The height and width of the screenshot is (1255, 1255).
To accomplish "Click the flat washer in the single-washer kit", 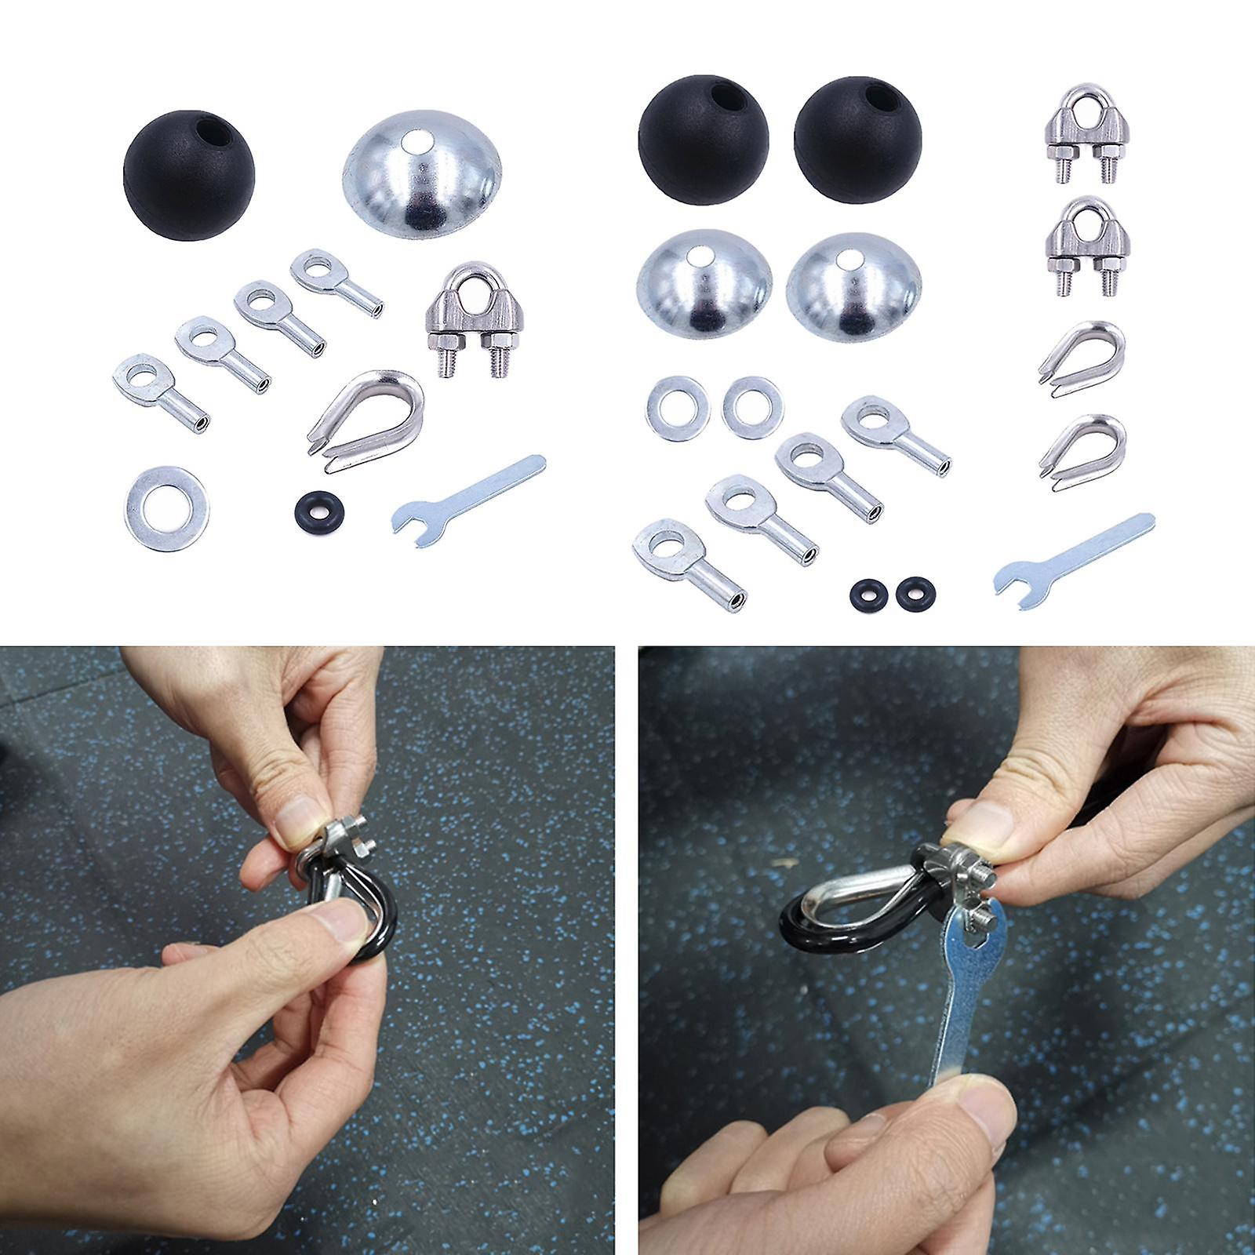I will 166,507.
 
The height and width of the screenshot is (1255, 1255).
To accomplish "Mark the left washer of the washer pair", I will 678,409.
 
